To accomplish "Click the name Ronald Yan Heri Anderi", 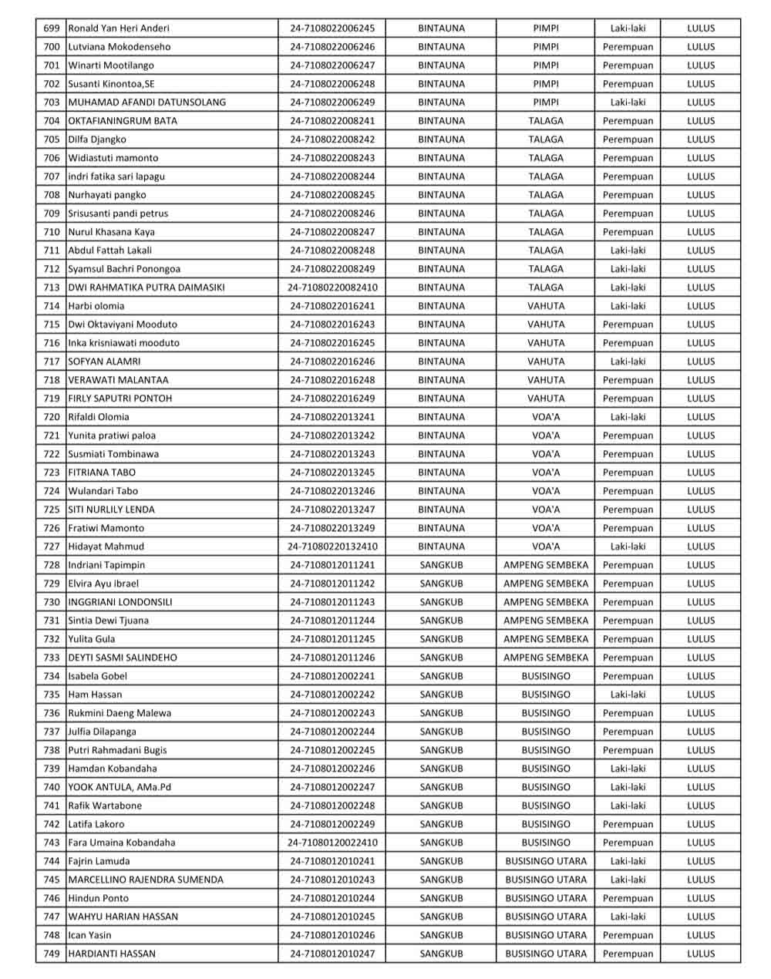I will point(119,29).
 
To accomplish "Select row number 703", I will point(52,103).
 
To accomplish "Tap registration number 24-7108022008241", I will point(332,121).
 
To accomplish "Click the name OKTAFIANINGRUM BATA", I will point(123,121).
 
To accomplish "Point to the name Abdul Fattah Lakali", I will point(110,251).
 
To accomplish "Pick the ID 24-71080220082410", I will point(332,288).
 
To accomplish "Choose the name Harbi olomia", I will point(96,306).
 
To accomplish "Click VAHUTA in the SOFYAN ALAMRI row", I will point(546,362).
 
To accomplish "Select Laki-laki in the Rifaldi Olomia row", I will point(628,417).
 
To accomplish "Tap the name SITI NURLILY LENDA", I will point(112,510).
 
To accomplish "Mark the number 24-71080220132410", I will point(332,547).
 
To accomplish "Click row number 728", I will point(52,565).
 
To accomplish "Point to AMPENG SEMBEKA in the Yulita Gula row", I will point(546,639).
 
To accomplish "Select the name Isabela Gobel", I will point(98,676).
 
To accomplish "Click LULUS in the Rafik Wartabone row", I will point(701,806).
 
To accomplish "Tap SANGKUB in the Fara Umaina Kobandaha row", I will point(441,843).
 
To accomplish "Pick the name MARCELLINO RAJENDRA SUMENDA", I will point(146,880).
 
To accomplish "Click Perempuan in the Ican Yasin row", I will point(628,935).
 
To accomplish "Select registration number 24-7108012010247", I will point(332,954).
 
